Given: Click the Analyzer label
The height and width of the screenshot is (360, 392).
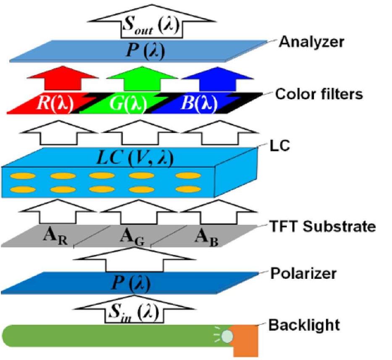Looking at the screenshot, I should (313, 42).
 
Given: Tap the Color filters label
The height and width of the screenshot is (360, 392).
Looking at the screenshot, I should (318, 94).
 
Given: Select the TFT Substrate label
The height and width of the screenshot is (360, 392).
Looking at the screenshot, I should (321, 227).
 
